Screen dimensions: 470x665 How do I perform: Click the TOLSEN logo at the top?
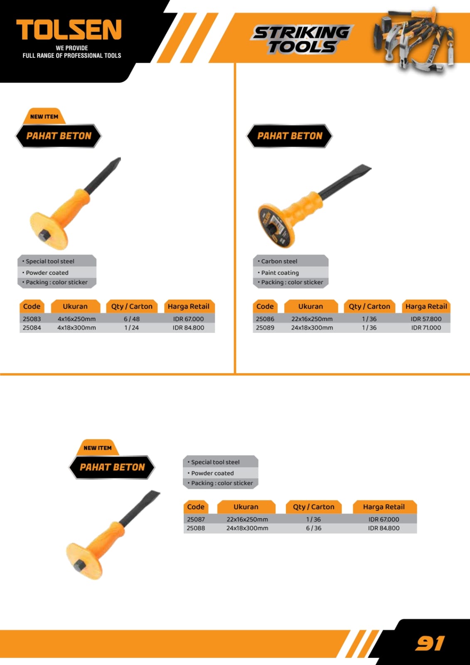click(69, 30)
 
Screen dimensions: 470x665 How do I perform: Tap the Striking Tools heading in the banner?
click(302, 40)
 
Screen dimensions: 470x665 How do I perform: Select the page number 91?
click(430, 643)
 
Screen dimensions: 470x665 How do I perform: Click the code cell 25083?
click(32, 319)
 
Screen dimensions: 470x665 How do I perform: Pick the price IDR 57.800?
click(426, 319)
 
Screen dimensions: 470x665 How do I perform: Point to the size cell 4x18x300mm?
click(76, 328)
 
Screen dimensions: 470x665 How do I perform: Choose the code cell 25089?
click(265, 328)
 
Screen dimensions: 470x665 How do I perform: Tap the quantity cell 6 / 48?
click(132, 319)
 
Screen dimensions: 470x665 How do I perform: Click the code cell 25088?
click(196, 528)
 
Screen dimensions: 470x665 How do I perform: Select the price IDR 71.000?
click(426, 328)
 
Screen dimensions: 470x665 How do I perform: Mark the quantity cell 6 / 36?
click(313, 528)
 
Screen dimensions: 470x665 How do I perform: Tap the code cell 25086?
click(265, 319)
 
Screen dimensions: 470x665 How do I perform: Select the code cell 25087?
click(196, 519)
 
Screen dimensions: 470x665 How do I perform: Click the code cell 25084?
click(32, 328)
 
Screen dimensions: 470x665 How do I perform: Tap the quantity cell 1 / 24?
click(132, 328)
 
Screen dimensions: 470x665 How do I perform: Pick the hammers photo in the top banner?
click(413, 39)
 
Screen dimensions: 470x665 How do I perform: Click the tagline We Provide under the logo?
click(72, 48)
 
